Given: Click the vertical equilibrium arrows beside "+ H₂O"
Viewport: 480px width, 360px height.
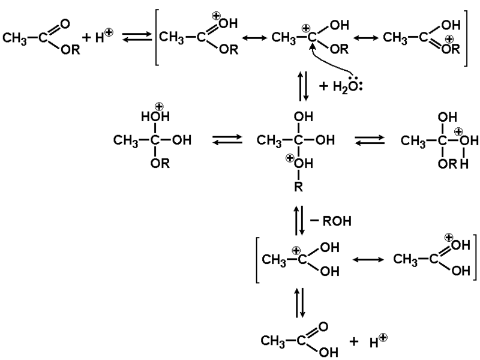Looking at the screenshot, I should point(303,86).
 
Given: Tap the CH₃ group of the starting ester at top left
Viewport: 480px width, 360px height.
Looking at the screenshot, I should point(16,39).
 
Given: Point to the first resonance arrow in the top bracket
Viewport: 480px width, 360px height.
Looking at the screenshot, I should point(253,39).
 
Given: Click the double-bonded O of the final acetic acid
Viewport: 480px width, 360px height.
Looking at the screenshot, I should point(323,327).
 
